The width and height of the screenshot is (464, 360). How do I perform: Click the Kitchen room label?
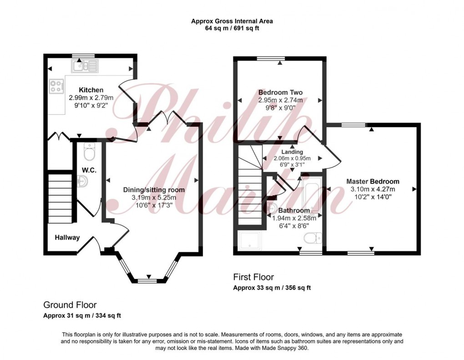(x=91, y=90)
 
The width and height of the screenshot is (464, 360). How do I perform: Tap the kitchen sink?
(x=84, y=67)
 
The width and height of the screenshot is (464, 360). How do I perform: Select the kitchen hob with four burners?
(x=57, y=86)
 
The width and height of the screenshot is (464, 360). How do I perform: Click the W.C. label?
(x=88, y=170)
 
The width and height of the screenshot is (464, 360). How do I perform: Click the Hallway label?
(x=67, y=237)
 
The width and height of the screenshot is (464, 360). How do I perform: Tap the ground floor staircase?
(x=60, y=198)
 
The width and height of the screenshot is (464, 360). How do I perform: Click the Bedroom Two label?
(x=280, y=92)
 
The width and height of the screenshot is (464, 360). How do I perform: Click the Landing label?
(x=292, y=152)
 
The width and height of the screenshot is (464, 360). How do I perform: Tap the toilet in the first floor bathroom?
(x=313, y=238)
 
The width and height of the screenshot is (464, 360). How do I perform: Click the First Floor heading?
(x=253, y=277)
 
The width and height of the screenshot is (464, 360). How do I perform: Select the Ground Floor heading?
(x=70, y=305)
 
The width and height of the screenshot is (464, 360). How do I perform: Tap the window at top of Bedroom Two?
(x=271, y=58)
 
